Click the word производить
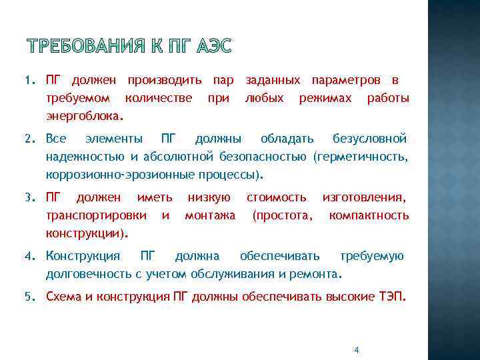[165, 81]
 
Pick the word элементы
[114, 139]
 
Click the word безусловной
[370, 139]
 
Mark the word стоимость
[277, 197]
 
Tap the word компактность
[369, 215]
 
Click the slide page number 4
[357, 350]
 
